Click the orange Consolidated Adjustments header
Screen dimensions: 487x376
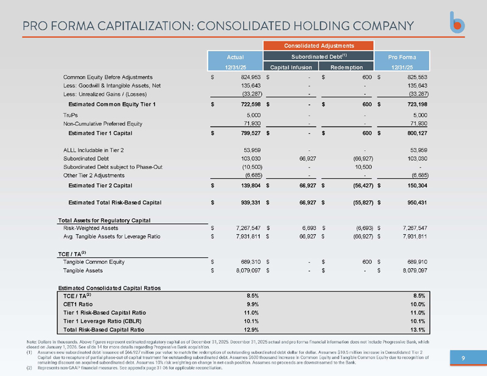(x=318, y=46)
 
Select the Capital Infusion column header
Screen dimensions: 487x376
(x=291, y=67)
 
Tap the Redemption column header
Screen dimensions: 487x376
(x=346, y=67)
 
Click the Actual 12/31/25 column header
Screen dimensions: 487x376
(x=235, y=61)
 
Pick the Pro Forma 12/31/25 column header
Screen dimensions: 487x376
(x=402, y=61)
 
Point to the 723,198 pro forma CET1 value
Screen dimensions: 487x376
(x=417, y=104)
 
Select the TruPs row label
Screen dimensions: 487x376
(x=71, y=115)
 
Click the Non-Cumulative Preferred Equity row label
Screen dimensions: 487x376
(x=103, y=124)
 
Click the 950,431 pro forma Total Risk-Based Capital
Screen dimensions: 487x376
(x=417, y=203)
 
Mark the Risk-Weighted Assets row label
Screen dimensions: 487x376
(x=91, y=228)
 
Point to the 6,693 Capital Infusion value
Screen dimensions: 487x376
(x=309, y=228)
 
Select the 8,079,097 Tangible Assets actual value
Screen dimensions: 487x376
(x=248, y=270)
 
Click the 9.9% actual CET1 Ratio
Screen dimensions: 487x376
(x=253, y=304)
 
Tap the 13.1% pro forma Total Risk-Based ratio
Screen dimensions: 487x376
(x=418, y=330)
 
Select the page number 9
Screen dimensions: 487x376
(x=463, y=358)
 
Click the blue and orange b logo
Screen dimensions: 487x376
(x=457, y=23)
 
